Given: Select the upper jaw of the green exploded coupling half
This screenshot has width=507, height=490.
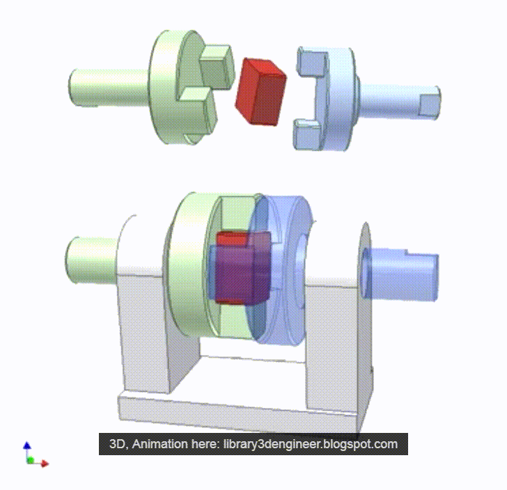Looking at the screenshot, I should pyautogui.click(x=216, y=65).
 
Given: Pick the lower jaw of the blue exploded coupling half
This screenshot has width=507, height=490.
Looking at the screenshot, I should pyautogui.click(x=305, y=134).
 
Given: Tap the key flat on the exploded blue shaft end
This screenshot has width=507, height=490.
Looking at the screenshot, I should pyautogui.click(x=429, y=106).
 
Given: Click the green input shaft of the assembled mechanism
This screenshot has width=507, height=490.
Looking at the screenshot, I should pyautogui.click(x=91, y=258).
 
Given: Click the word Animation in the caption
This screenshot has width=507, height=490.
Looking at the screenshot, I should pyautogui.click(x=163, y=444).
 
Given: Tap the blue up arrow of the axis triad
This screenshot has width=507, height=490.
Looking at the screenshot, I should pyautogui.click(x=26, y=445).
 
